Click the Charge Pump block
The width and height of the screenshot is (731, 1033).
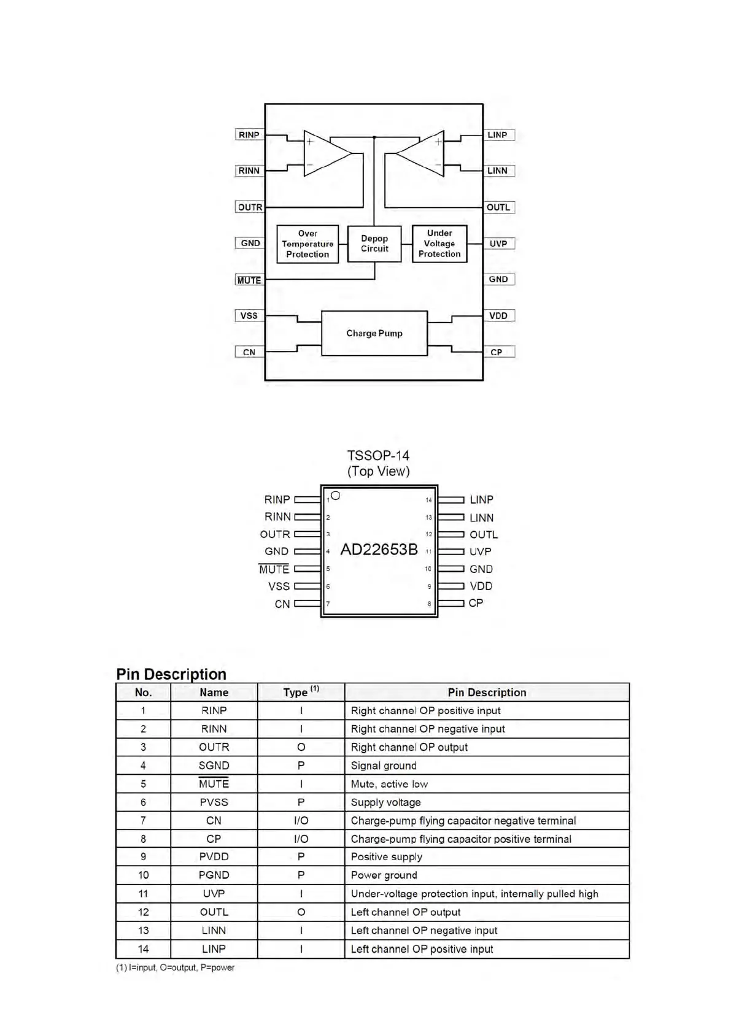(374, 333)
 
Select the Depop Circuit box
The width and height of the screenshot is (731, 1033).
(374, 244)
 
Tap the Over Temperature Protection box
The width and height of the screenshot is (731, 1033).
(307, 244)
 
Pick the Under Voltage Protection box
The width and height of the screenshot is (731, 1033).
(439, 244)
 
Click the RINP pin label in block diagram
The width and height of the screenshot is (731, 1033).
(249, 135)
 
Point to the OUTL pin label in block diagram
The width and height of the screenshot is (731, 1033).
(498, 207)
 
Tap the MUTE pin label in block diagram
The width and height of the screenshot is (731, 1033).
(249, 280)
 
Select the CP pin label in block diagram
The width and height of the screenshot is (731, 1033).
(497, 352)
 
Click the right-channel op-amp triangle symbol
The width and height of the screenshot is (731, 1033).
(325, 153)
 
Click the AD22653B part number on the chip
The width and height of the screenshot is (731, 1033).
(379, 550)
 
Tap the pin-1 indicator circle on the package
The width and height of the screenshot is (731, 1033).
(335, 496)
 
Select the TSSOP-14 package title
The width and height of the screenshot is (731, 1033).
(378, 456)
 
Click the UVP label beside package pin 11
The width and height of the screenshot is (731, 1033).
(481, 551)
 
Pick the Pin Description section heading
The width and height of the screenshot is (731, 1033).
(171, 674)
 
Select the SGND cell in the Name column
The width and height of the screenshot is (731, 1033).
(214, 766)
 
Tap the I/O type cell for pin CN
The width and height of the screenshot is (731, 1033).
(301, 820)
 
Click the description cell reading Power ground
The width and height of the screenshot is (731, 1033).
(384, 875)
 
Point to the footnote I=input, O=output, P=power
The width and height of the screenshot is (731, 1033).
(176, 967)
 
